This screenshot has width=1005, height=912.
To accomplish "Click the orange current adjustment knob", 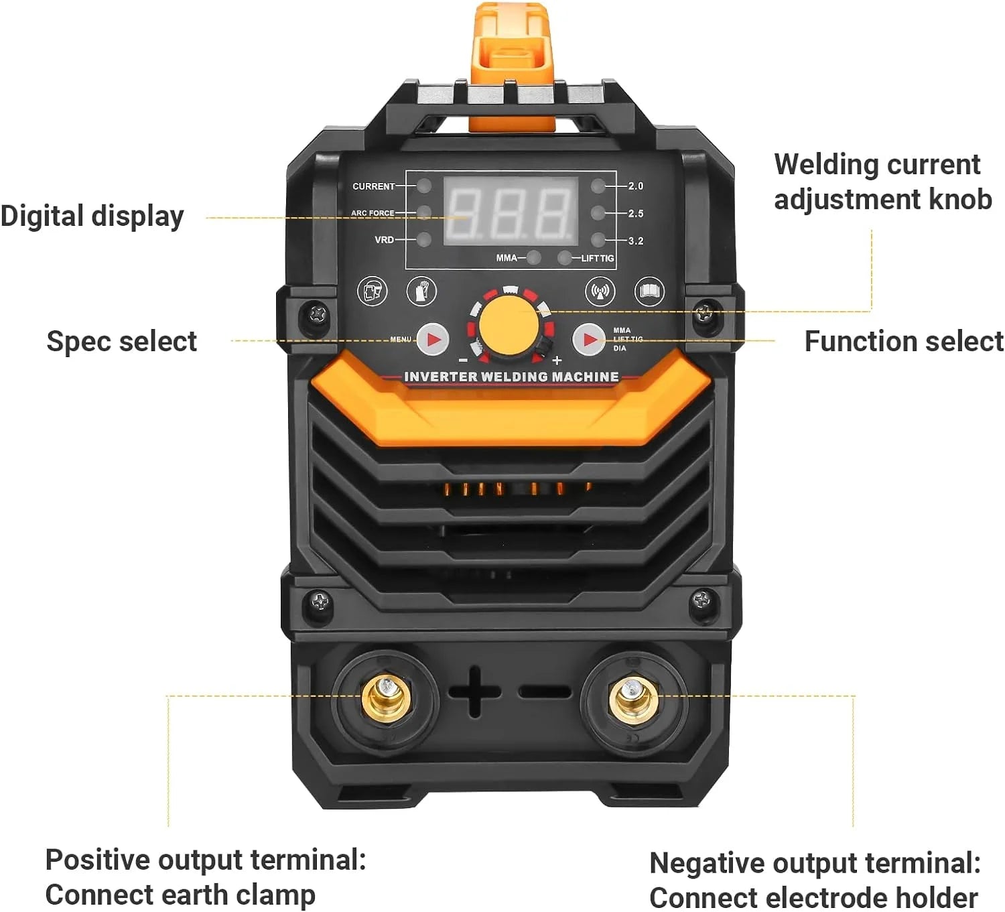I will (x=509, y=326).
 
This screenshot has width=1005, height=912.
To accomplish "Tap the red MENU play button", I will (x=433, y=340).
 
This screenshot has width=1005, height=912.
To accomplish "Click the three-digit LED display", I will (x=511, y=211).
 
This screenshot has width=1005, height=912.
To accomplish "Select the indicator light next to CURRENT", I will (x=424, y=186).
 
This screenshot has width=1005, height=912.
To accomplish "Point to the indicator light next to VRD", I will (x=424, y=239).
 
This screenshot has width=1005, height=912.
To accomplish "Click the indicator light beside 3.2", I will (x=598, y=240).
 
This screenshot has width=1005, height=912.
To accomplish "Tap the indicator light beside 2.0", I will (x=598, y=186).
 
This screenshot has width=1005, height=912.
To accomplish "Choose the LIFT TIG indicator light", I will (x=565, y=257).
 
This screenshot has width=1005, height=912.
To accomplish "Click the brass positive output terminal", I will (x=387, y=698).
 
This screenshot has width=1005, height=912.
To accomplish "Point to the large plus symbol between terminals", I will (x=474, y=692).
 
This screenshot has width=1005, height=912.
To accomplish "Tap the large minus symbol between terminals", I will (x=544, y=692).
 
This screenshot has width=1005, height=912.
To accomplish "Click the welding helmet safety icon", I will (x=372, y=291).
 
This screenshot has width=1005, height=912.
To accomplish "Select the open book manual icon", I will (x=649, y=291).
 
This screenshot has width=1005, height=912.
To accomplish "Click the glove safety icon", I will (x=421, y=291).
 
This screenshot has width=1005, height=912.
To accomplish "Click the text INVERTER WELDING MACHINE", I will (x=511, y=377).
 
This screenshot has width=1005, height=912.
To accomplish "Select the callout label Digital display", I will (x=92, y=216).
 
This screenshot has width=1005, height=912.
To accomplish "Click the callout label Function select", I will (x=903, y=341).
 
